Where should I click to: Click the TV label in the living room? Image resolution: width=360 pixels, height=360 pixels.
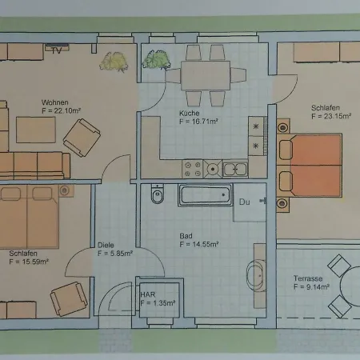(56, 50)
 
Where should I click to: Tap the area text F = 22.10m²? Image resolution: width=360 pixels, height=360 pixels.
(62, 110)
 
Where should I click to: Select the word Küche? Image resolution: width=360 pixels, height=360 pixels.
(190, 113)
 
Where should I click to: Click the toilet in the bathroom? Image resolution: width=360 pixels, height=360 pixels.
(158, 194)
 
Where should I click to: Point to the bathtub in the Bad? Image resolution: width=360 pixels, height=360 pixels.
(205, 195)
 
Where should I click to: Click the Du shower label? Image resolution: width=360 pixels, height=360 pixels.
(245, 202)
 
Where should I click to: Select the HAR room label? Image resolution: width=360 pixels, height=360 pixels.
(148, 294)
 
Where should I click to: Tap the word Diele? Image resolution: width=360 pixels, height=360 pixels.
(106, 245)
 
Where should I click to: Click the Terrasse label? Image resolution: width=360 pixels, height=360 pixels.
(308, 278)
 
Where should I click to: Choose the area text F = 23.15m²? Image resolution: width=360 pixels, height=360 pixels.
(331, 116)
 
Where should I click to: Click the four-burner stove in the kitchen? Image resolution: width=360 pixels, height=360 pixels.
(193, 169)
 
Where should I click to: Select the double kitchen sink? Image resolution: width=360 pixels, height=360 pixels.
(235, 169)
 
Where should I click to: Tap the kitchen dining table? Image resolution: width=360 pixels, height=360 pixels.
(206, 75)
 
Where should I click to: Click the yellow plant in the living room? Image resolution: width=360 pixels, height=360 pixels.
(114, 62)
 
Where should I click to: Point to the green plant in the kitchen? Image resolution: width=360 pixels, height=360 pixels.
(157, 60)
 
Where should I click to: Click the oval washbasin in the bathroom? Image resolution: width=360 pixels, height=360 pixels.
(256, 276)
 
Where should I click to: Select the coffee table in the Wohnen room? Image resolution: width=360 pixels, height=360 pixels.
(36, 130)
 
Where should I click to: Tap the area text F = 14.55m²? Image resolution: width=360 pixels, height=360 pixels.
(199, 244)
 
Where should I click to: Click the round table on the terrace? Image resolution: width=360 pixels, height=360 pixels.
(350, 286)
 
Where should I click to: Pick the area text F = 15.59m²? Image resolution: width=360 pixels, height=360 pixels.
(29, 262)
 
